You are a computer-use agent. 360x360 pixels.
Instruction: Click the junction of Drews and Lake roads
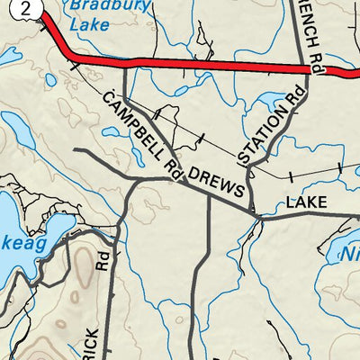tap(256, 217)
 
